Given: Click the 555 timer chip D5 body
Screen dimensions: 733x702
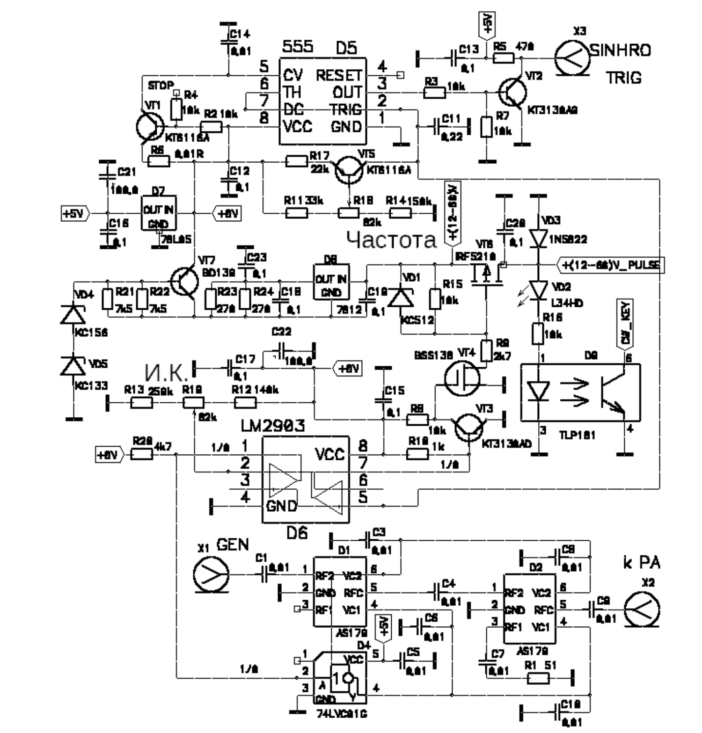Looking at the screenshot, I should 323,101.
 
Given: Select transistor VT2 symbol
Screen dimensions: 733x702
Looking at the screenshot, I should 513,93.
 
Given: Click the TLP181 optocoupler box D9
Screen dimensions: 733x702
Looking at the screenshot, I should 580,392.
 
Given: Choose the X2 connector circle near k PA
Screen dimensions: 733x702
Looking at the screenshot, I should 643,610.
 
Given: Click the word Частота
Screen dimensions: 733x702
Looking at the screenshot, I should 391,240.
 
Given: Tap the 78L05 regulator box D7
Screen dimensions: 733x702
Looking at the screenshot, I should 159,213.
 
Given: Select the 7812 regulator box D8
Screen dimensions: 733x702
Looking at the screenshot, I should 331,283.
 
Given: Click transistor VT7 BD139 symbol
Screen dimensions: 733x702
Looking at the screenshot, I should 185,282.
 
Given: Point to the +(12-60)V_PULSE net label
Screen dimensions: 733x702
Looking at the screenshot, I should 610,265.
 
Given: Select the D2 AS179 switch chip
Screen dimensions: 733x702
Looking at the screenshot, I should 530,610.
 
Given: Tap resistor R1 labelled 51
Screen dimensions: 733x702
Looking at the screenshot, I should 538,678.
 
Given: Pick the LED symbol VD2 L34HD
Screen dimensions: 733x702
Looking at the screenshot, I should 538,290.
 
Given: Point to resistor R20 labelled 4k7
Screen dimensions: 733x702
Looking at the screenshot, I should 141,454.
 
